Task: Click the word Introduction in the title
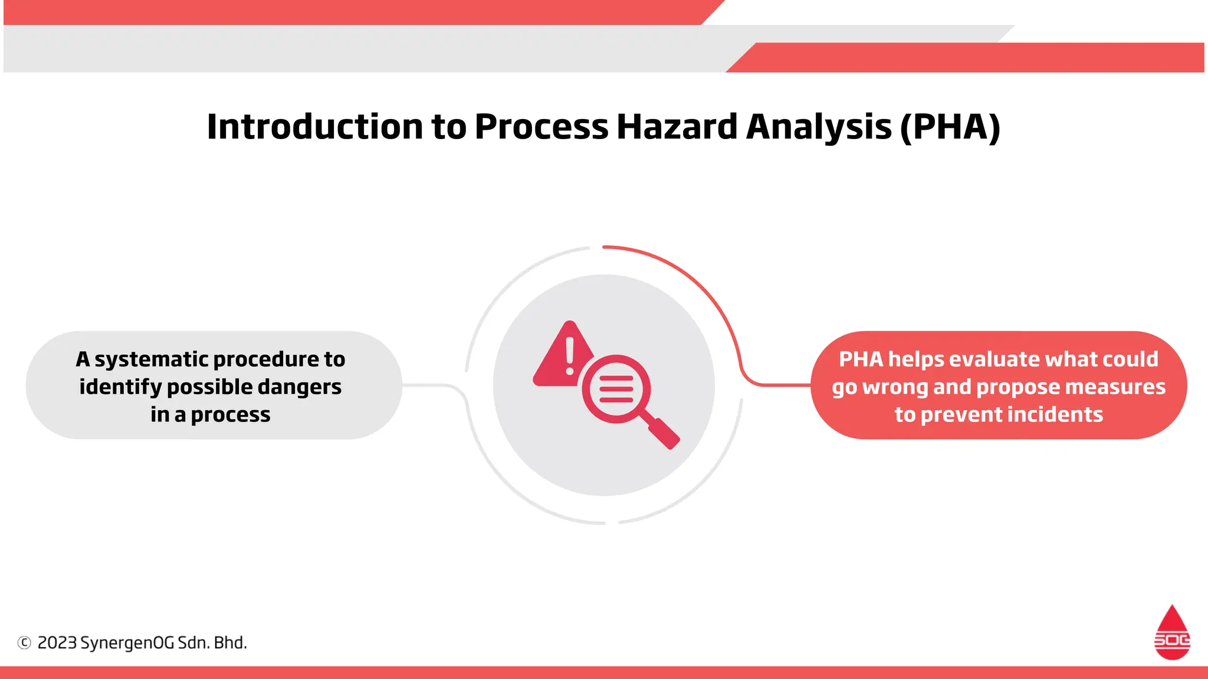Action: [x=315, y=127]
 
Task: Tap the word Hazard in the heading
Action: [x=677, y=127]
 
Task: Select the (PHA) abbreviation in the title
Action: [x=950, y=127]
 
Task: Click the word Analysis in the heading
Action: [x=819, y=127]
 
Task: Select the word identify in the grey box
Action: [x=120, y=387]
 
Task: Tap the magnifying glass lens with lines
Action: [x=616, y=389]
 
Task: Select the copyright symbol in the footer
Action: [x=24, y=642]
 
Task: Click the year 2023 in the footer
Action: [x=57, y=642]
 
